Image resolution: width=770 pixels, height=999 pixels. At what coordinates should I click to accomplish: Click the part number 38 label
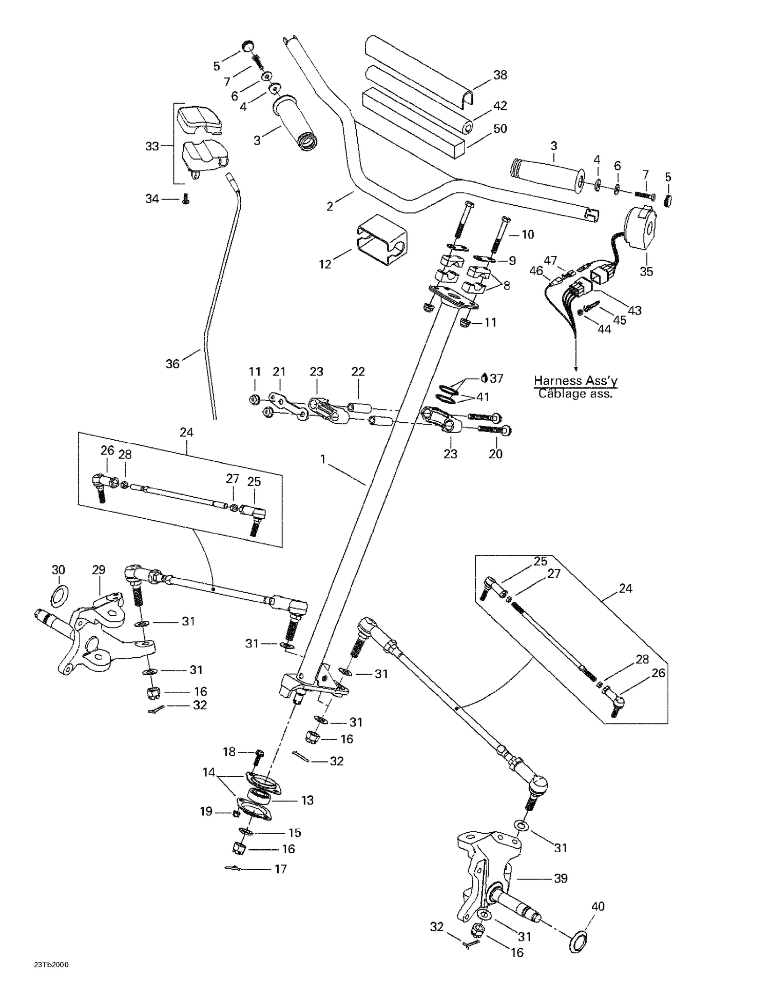point(499,75)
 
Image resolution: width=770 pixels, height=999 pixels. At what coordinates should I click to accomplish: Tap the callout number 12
point(325,264)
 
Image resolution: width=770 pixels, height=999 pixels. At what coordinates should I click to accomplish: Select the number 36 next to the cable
point(172,364)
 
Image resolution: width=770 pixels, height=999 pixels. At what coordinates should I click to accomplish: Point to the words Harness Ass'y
point(575,381)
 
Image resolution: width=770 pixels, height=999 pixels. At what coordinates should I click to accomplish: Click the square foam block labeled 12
point(381,240)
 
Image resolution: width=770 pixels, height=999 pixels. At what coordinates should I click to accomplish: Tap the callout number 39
point(561,878)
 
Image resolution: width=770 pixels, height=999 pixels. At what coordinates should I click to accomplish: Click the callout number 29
point(99,570)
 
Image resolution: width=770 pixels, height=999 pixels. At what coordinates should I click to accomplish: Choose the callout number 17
point(280,869)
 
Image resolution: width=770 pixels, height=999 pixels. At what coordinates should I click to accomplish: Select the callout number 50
point(499,128)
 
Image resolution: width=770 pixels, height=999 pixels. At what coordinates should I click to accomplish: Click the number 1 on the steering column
point(323,459)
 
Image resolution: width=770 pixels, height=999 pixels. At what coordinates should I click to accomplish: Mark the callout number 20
point(495,454)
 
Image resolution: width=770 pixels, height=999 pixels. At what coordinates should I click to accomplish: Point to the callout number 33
point(152,146)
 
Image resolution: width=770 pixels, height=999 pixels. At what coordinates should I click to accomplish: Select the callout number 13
point(307,800)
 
